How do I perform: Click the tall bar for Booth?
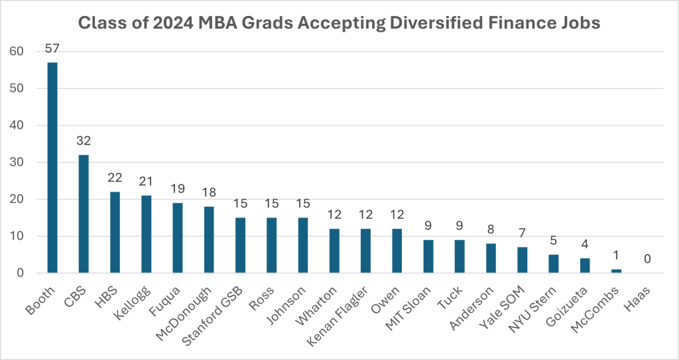tap(52, 167)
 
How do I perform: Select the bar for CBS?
tap(84, 213)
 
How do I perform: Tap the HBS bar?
tap(115, 232)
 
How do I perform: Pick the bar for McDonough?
tap(209, 239)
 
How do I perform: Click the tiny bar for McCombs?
tap(616, 271)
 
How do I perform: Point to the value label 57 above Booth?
tap(52, 48)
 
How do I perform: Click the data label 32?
tap(84, 141)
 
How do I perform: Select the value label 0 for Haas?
tap(647, 259)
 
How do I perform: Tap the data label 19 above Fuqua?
tap(177, 190)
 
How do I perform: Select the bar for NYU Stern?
tap(553, 264)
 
